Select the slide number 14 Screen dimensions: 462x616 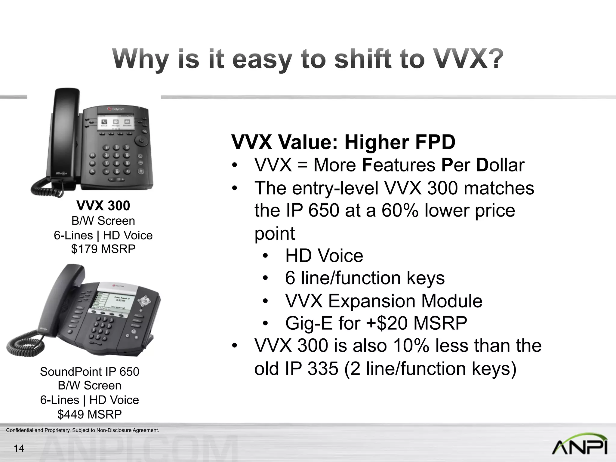[19, 448]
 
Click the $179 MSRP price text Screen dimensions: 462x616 [103, 249]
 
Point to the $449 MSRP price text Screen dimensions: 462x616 [90, 414]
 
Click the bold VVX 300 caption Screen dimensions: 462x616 [103, 206]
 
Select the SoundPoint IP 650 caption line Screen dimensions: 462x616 [90, 372]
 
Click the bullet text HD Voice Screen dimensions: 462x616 [324, 256]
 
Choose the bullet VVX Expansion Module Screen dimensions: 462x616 [383, 301]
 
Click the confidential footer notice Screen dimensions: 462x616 [82, 430]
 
